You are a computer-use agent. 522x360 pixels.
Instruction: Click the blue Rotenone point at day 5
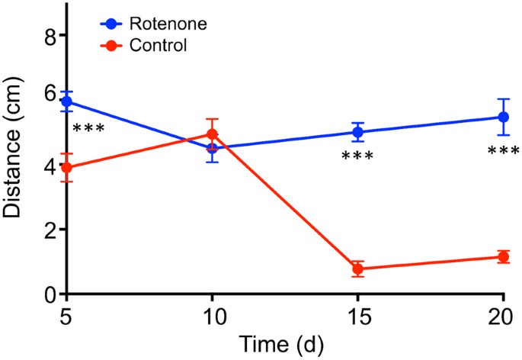click(x=67, y=101)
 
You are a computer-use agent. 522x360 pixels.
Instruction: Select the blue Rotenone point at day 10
click(x=212, y=148)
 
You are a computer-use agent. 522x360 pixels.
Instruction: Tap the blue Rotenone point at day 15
click(x=357, y=132)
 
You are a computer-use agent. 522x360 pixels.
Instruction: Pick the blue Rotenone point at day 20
click(x=503, y=117)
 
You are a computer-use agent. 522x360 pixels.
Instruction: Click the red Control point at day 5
click(x=67, y=168)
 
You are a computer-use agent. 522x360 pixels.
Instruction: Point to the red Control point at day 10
click(x=212, y=134)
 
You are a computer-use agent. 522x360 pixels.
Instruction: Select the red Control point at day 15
click(x=357, y=268)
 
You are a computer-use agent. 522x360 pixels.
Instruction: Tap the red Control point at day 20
click(x=503, y=257)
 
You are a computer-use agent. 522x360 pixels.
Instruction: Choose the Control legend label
click(x=159, y=45)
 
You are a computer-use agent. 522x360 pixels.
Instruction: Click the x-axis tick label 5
click(x=67, y=316)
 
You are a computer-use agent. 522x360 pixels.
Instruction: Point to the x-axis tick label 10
click(x=212, y=316)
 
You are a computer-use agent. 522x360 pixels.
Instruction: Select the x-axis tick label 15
click(x=357, y=316)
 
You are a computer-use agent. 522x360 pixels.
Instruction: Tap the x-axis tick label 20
click(x=503, y=316)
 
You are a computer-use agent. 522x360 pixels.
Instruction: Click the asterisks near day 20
click(x=502, y=152)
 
